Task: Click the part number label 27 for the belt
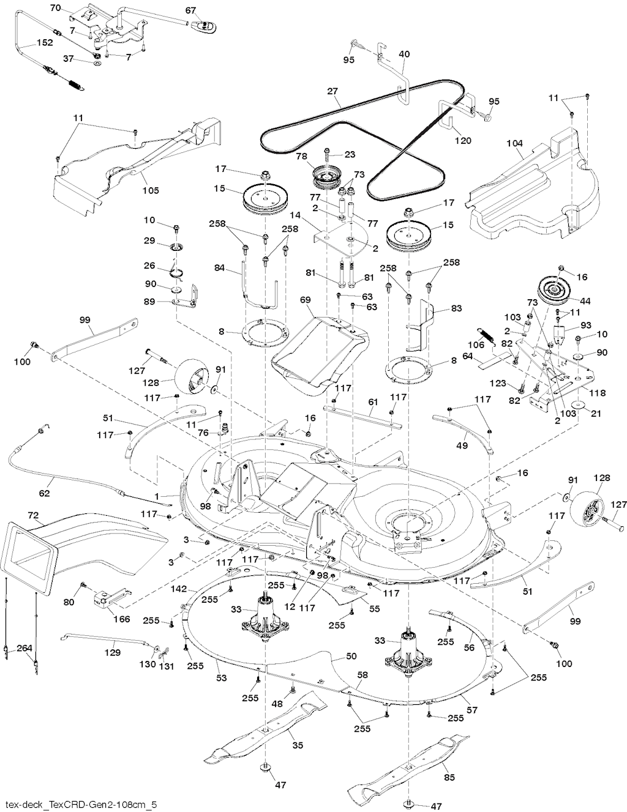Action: tap(332, 91)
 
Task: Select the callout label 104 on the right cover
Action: tap(515, 143)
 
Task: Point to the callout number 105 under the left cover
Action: tap(151, 190)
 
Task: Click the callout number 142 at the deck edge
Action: tap(178, 589)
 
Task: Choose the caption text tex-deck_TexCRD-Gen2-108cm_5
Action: tap(80, 803)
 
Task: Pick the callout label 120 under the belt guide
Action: tap(463, 140)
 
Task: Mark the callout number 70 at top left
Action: tap(55, 8)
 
